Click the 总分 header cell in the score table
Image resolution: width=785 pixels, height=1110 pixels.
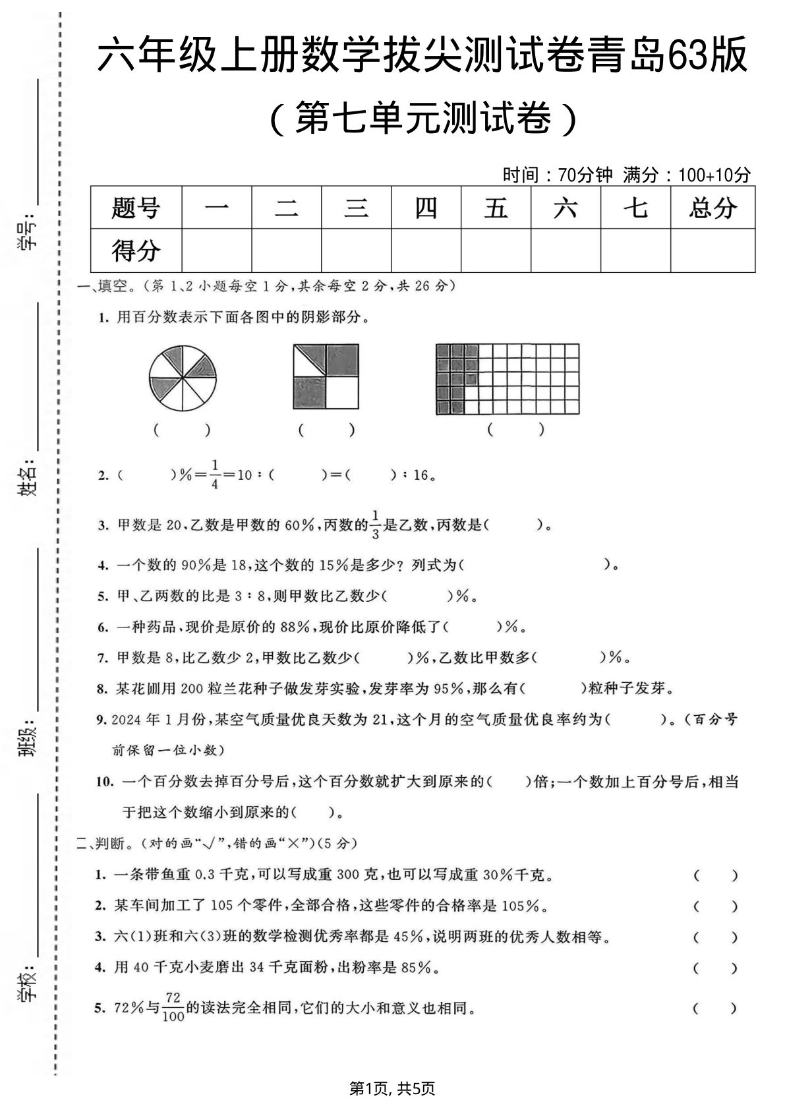click(x=712, y=208)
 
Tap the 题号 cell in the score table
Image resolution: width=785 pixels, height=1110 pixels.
click(x=136, y=208)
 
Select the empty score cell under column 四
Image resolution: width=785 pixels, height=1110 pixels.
click(x=426, y=250)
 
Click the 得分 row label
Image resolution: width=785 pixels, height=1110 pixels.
click(x=136, y=250)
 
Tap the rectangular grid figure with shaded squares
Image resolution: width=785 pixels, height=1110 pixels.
click(x=508, y=379)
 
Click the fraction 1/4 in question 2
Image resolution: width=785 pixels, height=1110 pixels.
click(x=215, y=474)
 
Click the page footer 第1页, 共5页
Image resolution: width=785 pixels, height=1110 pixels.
click(x=392, y=1088)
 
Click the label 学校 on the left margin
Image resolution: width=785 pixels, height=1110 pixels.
click(x=28, y=985)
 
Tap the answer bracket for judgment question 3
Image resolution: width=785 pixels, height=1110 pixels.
click(x=715, y=937)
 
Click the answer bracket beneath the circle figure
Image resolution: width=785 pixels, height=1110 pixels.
click(x=183, y=430)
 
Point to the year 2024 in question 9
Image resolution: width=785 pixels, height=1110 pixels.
click(x=127, y=719)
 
